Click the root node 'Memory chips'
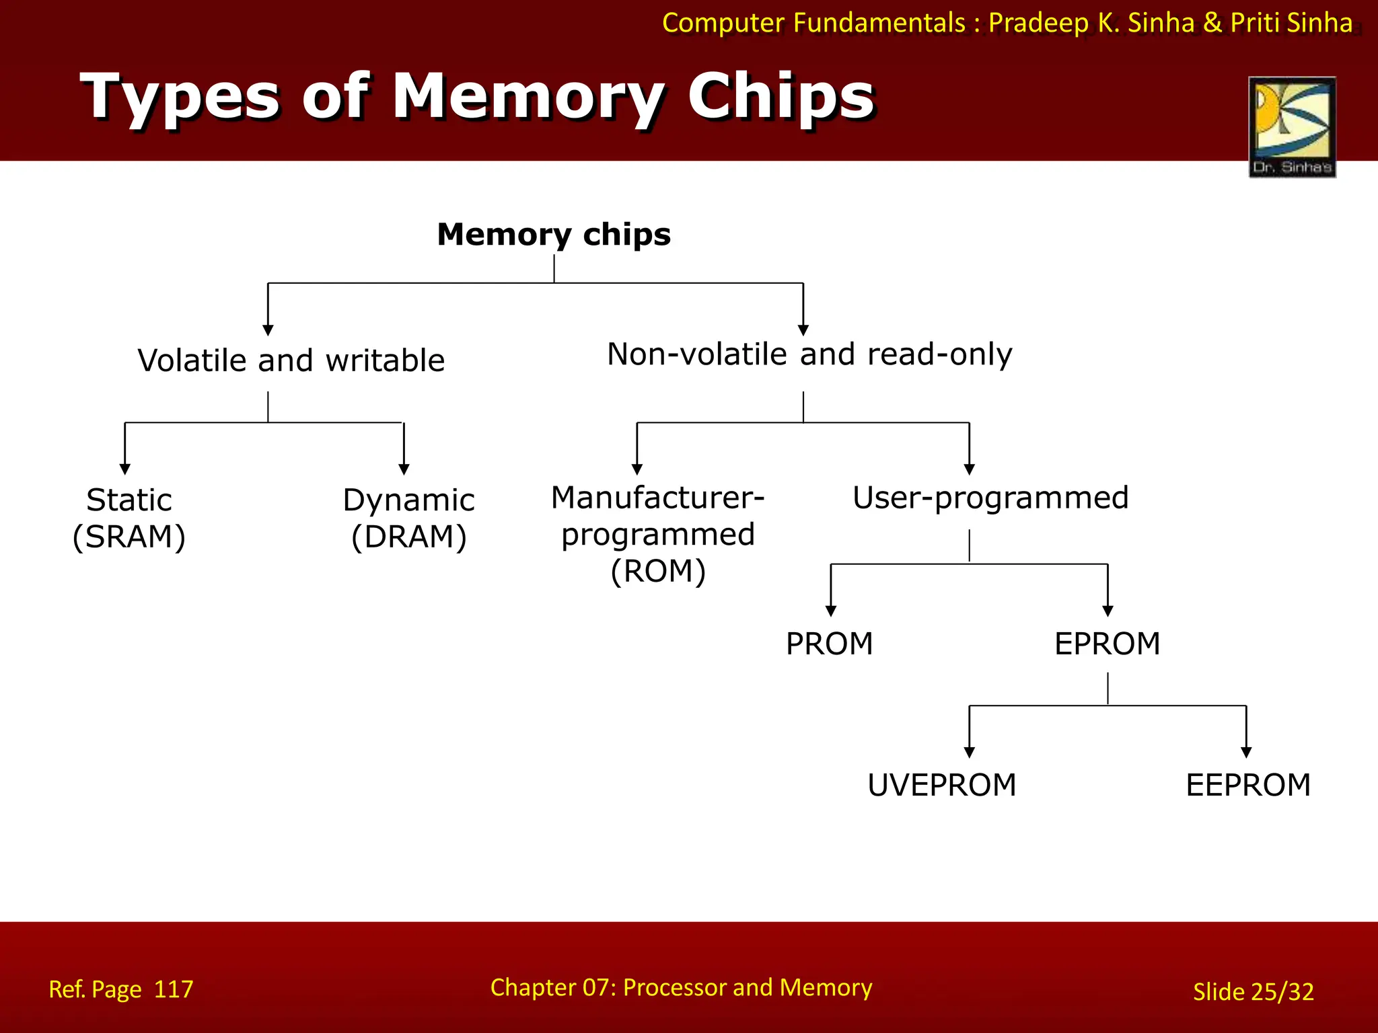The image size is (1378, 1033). [x=553, y=235]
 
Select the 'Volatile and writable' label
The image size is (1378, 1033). [x=291, y=360]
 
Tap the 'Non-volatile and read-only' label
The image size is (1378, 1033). [x=809, y=354]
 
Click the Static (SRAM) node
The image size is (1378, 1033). [x=129, y=518]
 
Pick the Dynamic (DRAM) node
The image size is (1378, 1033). [x=408, y=518]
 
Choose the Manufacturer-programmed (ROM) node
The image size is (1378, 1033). [x=657, y=534]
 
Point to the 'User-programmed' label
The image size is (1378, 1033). [x=990, y=498]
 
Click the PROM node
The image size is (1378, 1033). [x=829, y=644]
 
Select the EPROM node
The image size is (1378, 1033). [x=1107, y=644]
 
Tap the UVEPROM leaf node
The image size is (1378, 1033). [x=941, y=785]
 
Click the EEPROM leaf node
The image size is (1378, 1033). [x=1247, y=785]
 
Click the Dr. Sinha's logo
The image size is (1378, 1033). [x=1291, y=126]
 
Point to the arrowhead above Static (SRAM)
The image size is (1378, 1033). [x=125, y=469]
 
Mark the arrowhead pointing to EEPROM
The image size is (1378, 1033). [x=1246, y=752]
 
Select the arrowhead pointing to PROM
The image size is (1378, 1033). [x=831, y=611]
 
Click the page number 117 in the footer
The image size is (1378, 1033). [x=174, y=989]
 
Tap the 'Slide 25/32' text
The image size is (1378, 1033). [x=1253, y=991]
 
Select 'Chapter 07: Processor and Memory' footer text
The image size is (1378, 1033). [x=681, y=987]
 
